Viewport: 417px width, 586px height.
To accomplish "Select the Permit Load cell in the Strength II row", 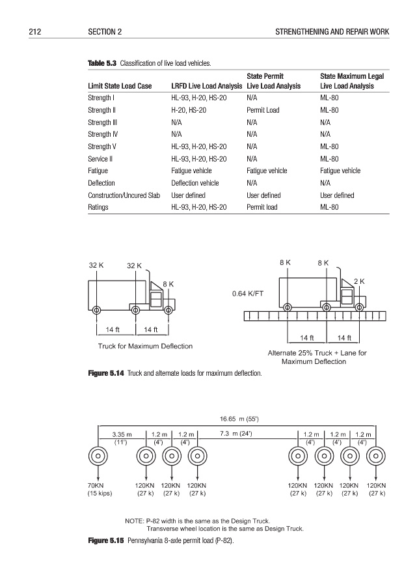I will pos(263,111).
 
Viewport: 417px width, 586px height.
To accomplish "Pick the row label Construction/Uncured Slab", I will pos(124,195).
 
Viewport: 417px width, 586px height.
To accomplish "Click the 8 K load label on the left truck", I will pos(168,284).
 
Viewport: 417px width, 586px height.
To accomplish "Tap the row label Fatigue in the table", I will pos(98,171).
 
